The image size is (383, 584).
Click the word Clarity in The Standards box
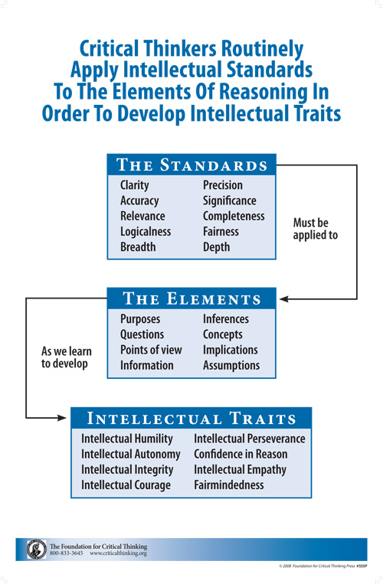tap(135, 185)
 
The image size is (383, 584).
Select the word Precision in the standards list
tap(223, 185)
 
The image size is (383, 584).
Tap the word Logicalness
tap(146, 232)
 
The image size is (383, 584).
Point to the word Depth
tap(217, 247)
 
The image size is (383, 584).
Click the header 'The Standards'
tap(191, 165)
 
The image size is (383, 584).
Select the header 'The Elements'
tap(191, 299)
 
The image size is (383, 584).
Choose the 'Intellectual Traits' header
tap(191, 418)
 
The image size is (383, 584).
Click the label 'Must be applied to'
tap(315, 229)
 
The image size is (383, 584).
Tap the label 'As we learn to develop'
tap(67, 357)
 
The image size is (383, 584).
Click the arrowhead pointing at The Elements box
tap(284, 299)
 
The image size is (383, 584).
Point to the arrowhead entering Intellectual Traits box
tap(61, 418)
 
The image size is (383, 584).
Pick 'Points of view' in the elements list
tap(151, 350)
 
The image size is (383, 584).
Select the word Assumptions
tap(231, 366)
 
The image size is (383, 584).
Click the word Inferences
tap(226, 319)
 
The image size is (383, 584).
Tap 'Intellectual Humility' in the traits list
tap(127, 439)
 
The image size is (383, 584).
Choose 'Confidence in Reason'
tap(241, 455)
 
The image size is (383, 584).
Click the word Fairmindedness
tap(229, 485)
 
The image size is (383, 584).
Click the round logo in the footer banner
tap(37, 550)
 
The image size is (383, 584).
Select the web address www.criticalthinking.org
tap(119, 553)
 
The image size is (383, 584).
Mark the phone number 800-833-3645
tap(67, 553)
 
